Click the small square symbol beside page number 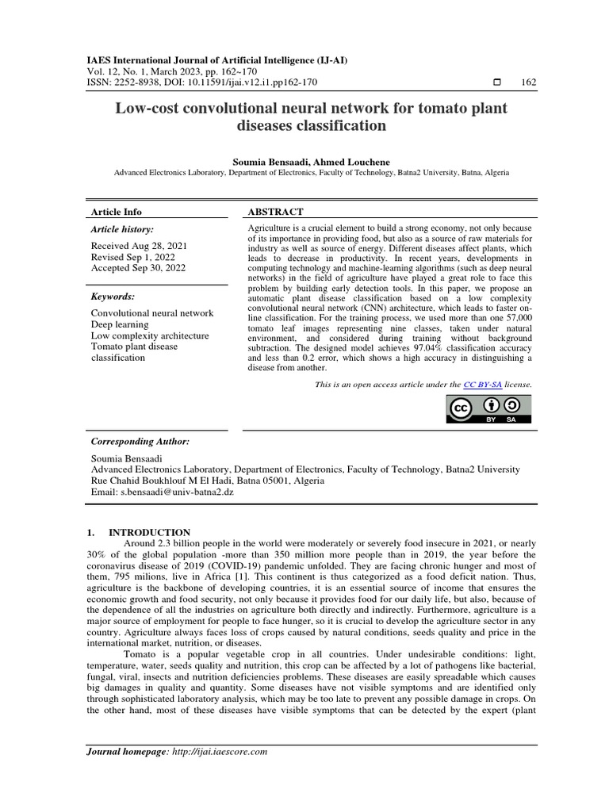point(497,82)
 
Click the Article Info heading point(117,212)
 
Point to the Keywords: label point(113,296)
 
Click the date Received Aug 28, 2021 point(139,247)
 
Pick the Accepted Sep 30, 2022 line point(140,269)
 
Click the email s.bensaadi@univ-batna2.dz point(178,492)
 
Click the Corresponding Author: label point(140,441)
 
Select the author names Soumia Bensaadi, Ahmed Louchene point(311,161)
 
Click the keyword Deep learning point(120,324)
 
